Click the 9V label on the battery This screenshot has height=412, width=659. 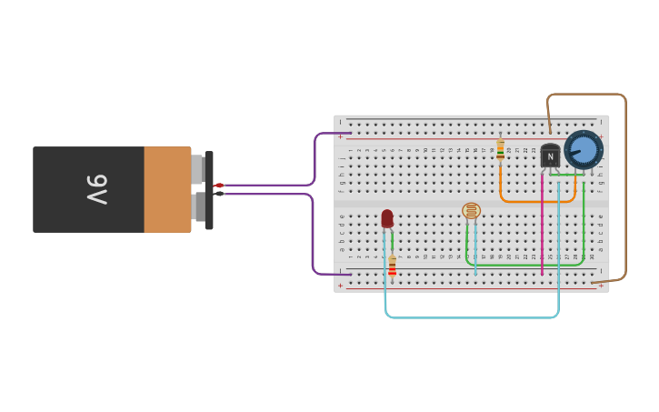coord(97,189)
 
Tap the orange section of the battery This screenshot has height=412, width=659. coord(167,189)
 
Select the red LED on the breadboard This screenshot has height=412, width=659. coord(387,218)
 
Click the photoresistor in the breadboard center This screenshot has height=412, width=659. coord(471,211)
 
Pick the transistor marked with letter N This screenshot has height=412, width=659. coord(550,156)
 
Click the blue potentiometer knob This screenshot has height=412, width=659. coord(584,149)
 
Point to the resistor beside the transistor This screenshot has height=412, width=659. coord(500,149)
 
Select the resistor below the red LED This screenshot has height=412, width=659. coord(392,265)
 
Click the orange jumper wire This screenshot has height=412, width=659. coord(536,201)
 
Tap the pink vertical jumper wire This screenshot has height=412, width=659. coord(543,227)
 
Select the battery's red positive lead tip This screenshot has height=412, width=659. coord(218,186)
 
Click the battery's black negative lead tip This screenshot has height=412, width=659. coord(219,194)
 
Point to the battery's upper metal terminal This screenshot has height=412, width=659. coord(196,169)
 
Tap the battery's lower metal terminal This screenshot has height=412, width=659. coord(198,206)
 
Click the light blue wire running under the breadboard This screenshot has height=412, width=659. coord(473,317)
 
